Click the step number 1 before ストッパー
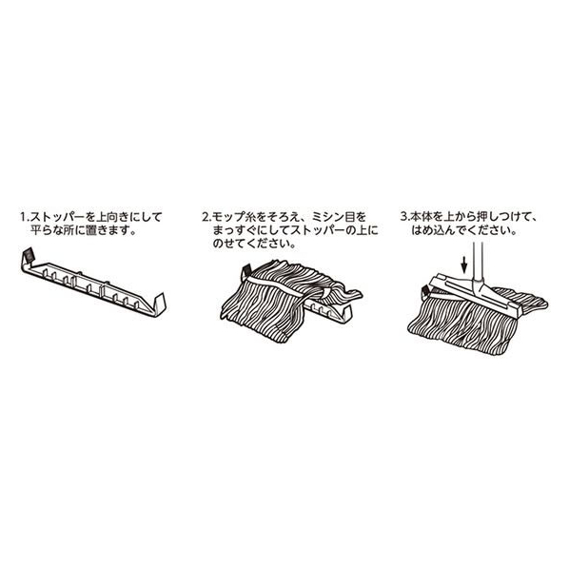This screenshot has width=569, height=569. [x=24, y=217]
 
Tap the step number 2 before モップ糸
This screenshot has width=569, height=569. [x=206, y=217]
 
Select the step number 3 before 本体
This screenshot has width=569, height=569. [x=403, y=217]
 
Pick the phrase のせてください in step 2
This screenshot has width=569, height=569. [x=254, y=244]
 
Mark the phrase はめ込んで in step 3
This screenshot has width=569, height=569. [x=438, y=230]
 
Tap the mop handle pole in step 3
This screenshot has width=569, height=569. [x=478, y=262]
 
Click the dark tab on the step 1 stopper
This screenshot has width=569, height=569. [x=29, y=255]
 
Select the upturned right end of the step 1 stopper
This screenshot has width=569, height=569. [x=160, y=304]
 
